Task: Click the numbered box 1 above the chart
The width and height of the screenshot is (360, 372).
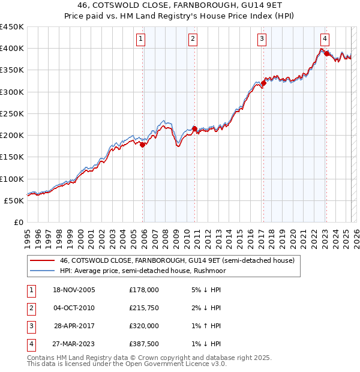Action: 140,40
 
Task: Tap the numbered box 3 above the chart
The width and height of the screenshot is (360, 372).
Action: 262,40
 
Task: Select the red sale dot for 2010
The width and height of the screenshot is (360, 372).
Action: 194,128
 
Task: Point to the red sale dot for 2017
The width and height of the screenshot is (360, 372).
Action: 263,83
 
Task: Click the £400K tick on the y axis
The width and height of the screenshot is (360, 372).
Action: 12,49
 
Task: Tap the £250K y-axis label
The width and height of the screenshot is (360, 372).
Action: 12,113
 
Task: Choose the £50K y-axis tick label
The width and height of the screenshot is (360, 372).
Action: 14,200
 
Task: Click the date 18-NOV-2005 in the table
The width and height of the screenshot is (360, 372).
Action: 74,290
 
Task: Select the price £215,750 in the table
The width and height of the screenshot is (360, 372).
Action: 145,308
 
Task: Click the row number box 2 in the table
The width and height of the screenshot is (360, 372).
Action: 31,308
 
